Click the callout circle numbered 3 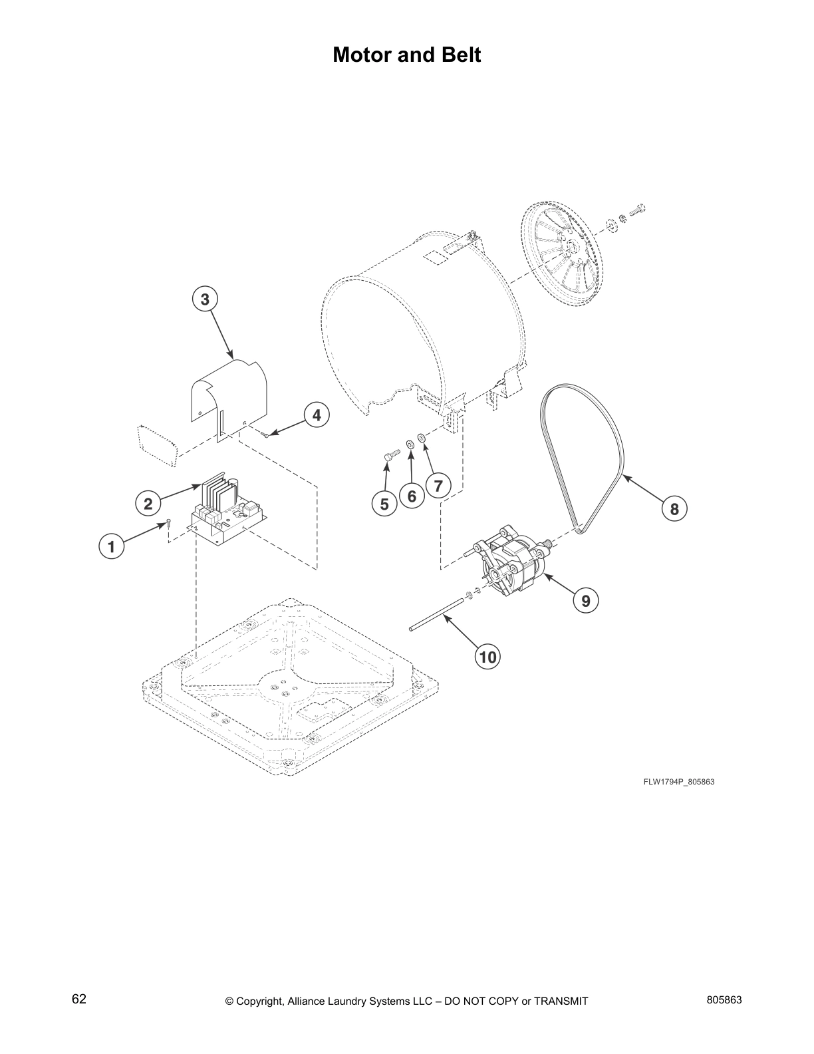pyautogui.click(x=205, y=299)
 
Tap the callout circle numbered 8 pyautogui.click(x=674, y=509)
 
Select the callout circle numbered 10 pyautogui.click(x=487, y=657)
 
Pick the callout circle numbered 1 pyautogui.click(x=112, y=547)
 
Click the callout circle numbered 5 pyautogui.click(x=384, y=504)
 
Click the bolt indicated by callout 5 pyautogui.click(x=390, y=454)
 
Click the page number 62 pyautogui.click(x=78, y=999)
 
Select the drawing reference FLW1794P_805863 pyautogui.click(x=678, y=781)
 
